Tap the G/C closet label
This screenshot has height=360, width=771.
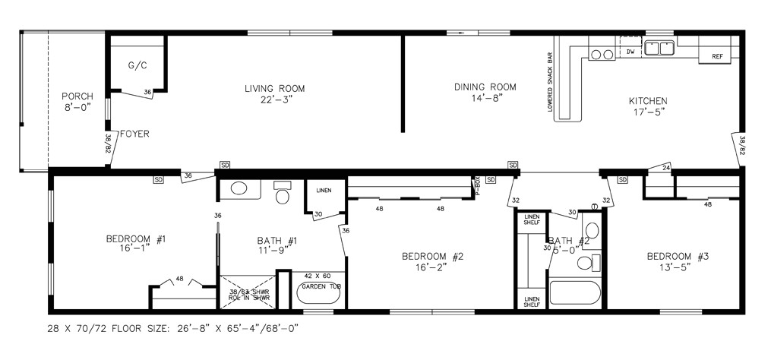pyautogui.click(x=137, y=65)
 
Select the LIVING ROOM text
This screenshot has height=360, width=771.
pyautogui.click(x=274, y=88)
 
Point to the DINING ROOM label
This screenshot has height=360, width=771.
pyautogui.click(x=485, y=87)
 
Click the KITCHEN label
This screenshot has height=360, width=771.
pyautogui.click(x=648, y=101)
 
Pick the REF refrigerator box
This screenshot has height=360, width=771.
pyautogui.click(x=717, y=57)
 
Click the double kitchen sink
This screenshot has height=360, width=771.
pyautogui.click(x=659, y=49)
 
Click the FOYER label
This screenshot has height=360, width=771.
pyautogui.click(x=134, y=134)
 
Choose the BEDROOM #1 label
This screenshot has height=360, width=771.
pyautogui.click(x=136, y=239)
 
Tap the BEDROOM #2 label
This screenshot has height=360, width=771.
pyautogui.click(x=432, y=256)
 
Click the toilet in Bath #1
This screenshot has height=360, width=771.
pyautogui.click(x=283, y=194)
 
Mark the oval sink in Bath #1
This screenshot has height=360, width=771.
pyautogui.click(x=238, y=190)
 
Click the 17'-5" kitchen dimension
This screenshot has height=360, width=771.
pyautogui.click(x=648, y=112)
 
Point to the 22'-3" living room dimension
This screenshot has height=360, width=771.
pyautogui.click(x=274, y=99)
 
